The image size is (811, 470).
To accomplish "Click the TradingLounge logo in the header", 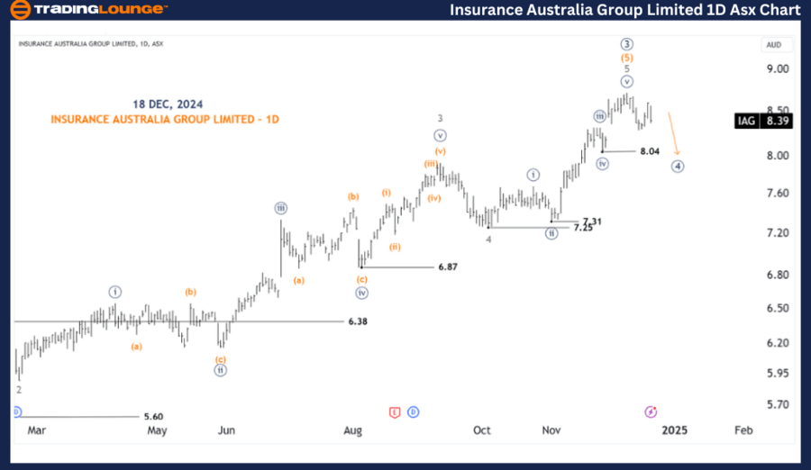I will [x=87, y=10].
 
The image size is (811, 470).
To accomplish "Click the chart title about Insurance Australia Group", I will [x=624, y=10].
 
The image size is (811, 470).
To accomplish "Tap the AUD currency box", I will [x=773, y=44].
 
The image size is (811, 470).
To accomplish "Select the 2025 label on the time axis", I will [x=674, y=430].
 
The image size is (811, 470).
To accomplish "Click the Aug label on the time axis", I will [x=352, y=430].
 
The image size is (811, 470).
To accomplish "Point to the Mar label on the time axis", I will [x=36, y=430].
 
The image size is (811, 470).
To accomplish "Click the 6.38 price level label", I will [x=358, y=321].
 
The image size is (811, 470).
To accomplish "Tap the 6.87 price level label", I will [x=448, y=267].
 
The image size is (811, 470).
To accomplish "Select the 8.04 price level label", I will [x=650, y=151].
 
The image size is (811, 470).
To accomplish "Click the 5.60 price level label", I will [x=153, y=417].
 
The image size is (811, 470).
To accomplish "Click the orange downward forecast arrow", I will [x=675, y=133].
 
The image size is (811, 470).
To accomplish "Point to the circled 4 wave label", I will [x=678, y=167].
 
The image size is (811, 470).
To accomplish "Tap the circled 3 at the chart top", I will [x=627, y=44].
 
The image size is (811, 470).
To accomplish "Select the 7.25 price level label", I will [x=583, y=229].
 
